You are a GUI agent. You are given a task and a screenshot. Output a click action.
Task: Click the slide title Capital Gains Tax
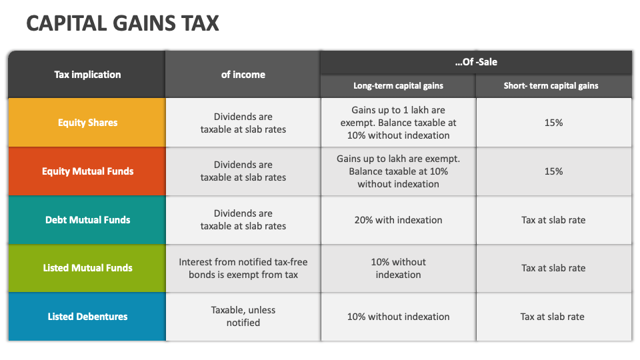pyautogui.click(x=123, y=23)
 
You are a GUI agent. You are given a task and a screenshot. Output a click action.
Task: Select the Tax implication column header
pyautogui.click(x=87, y=75)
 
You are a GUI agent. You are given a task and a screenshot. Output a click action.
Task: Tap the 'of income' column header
pyautogui.click(x=243, y=75)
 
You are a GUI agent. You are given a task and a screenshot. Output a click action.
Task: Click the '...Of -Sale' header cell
pyautogui.click(x=476, y=62)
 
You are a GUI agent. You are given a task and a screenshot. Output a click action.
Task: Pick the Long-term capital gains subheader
pyautogui.click(x=398, y=86)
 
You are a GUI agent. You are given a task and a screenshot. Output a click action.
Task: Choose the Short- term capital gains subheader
pyautogui.click(x=553, y=86)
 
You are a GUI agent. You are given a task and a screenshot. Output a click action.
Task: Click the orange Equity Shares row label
pyautogui.click(x=87, y=123)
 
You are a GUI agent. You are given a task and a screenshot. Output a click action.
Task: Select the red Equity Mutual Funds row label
pyautogui.click(x=87, y=171)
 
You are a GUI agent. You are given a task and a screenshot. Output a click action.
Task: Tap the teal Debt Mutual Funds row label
pyautogui.click(x=87, y=220)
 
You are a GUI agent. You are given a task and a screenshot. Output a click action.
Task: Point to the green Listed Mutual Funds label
pyautogui.click(x=87, y=268)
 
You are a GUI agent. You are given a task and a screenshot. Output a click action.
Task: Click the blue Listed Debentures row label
pyautogui.click(x=87, y=317)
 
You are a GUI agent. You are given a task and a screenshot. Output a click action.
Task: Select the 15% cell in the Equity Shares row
pyautogui.click(x=553, y=123)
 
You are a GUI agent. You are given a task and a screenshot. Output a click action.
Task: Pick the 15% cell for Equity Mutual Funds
pyautogui.click(x=553, y=171)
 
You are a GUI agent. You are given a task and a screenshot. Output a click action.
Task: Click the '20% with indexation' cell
pyautogui.click(x=398, y=220)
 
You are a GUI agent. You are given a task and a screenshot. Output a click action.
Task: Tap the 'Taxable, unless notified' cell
pyautogui.click(x=243, y=317)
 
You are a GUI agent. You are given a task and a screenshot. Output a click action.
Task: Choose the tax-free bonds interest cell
pyautogui.click(x=243, y=268)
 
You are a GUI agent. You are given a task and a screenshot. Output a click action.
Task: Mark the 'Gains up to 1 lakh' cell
pyautogui.click(x=398, y=123)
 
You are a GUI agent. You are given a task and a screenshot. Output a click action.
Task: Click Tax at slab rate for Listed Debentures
pyautogui.click(x=553, y=317)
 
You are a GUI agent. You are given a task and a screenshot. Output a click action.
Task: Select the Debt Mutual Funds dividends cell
pyautogui.click(x=243, y=220)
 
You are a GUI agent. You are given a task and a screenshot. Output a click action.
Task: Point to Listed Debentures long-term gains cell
pyautogui.click(x=398, y=317)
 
